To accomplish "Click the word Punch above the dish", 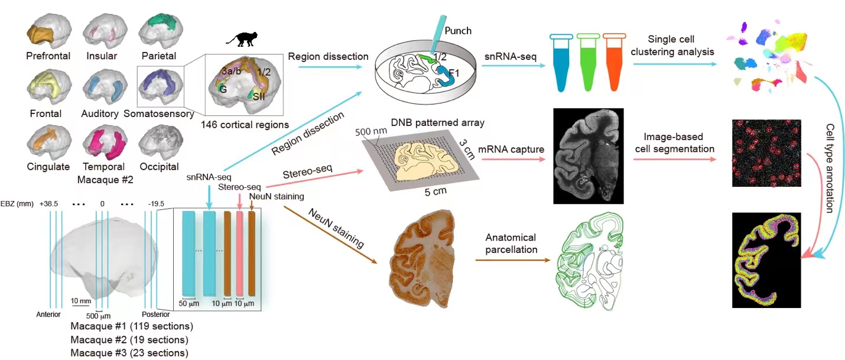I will (458, 30).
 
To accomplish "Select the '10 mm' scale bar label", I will (80, 301).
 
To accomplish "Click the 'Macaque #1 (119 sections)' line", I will (132, 326).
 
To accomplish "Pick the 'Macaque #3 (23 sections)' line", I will (129, 353).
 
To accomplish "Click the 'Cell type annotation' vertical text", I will (830, 168).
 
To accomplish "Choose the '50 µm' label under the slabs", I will (190, 304).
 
